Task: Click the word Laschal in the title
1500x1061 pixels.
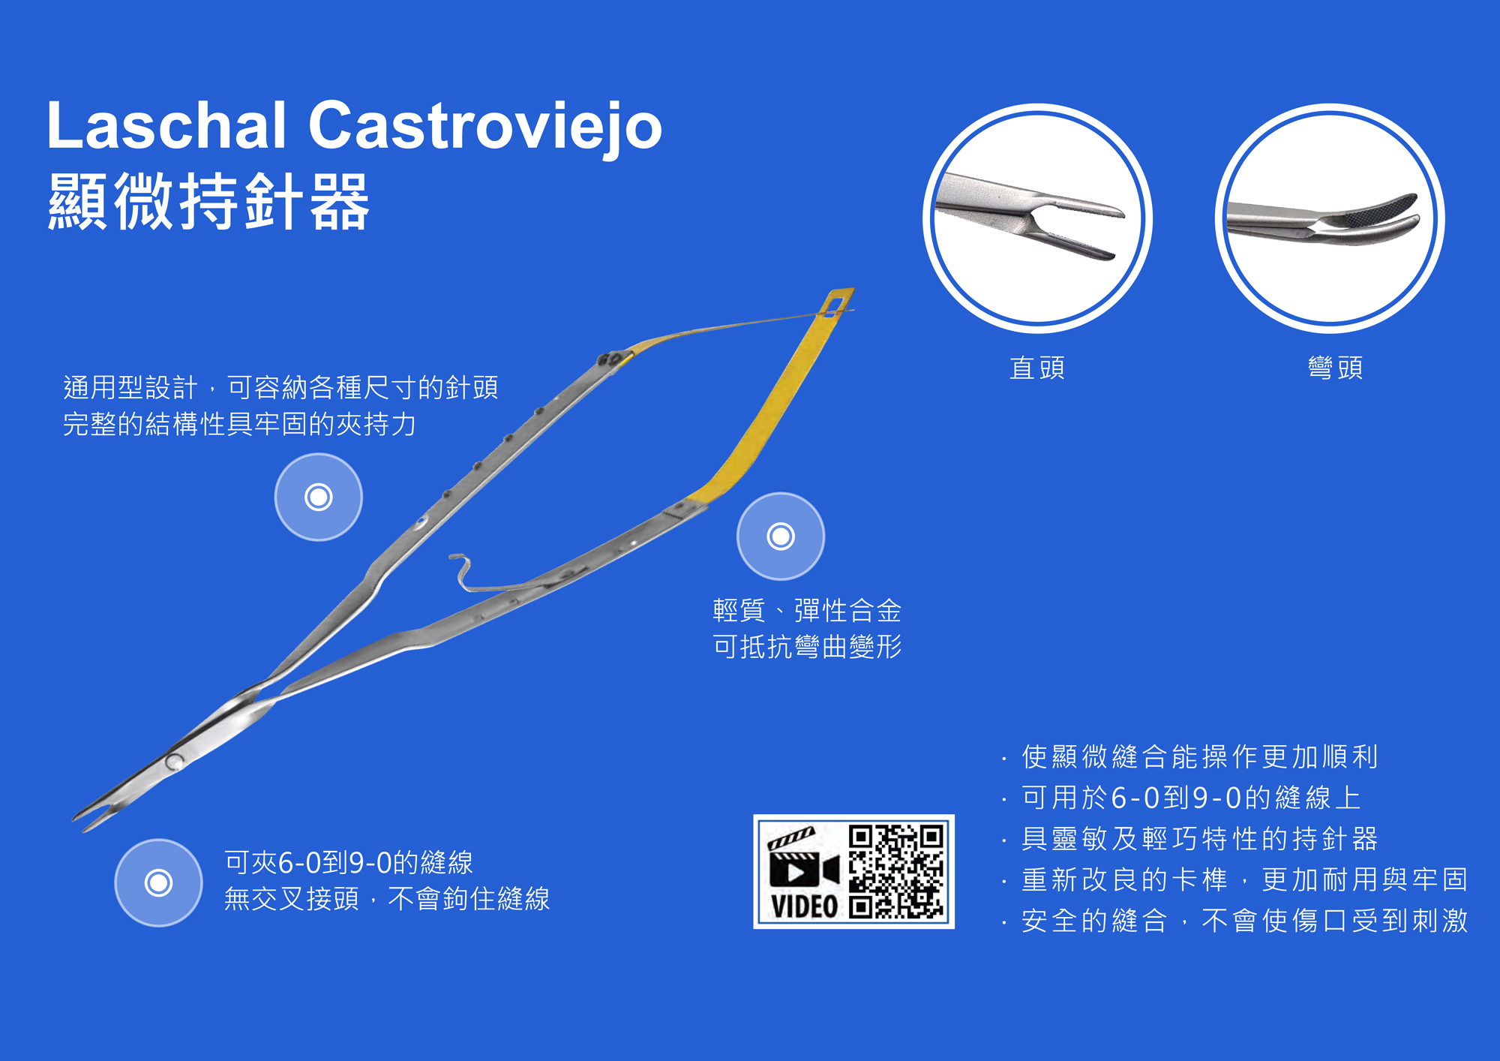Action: click(166, 125)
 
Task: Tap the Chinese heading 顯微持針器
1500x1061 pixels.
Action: click(208, 200)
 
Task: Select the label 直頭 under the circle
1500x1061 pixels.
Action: click(1037, 368)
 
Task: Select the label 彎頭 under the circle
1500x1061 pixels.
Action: click(1335, 368)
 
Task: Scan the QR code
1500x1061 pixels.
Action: click(896, 872)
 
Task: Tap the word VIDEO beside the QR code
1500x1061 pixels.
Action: click(804, 906)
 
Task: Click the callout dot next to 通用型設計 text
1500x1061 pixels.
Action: click(319, 497)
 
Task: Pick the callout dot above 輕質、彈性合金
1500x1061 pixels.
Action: click(781, 536)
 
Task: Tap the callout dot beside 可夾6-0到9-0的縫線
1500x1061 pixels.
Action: click(158, 882)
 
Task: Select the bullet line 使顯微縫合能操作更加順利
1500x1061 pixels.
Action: click(1199, 756)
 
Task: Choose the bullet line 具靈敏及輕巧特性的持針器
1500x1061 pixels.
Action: click(1199, 838)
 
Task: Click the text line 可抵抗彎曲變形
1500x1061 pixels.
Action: click(807, 646)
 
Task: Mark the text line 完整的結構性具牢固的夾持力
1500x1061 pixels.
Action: click(239, 424)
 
